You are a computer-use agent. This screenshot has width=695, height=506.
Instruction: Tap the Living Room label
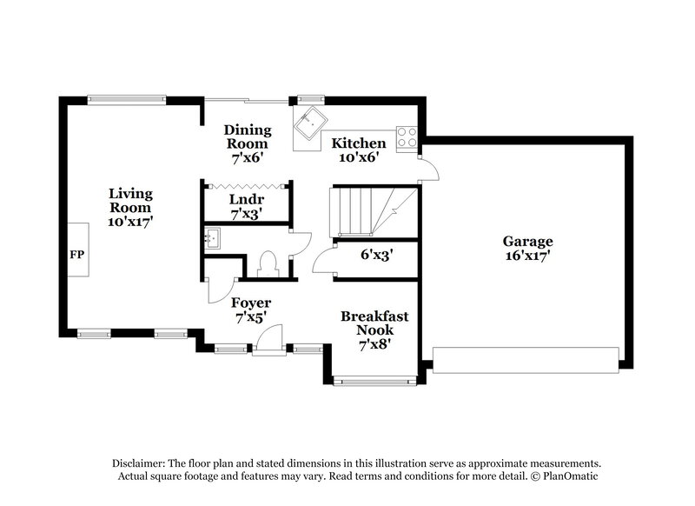click(130, 201)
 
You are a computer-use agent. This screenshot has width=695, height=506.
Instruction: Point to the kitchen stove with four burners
click(407, 136)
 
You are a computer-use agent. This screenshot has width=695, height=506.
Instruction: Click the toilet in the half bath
click(268, 263)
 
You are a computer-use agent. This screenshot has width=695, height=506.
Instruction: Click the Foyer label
click(251, 303)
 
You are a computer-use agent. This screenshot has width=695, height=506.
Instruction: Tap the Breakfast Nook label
click(374, 323)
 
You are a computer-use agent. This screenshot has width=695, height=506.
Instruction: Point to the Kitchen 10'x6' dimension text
click(359, 158)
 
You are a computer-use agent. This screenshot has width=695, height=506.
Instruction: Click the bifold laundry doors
click(246, 183)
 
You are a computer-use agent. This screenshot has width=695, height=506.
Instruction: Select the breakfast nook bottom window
click(374, 380)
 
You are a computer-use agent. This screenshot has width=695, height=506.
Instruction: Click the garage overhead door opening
click(526, 360)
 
